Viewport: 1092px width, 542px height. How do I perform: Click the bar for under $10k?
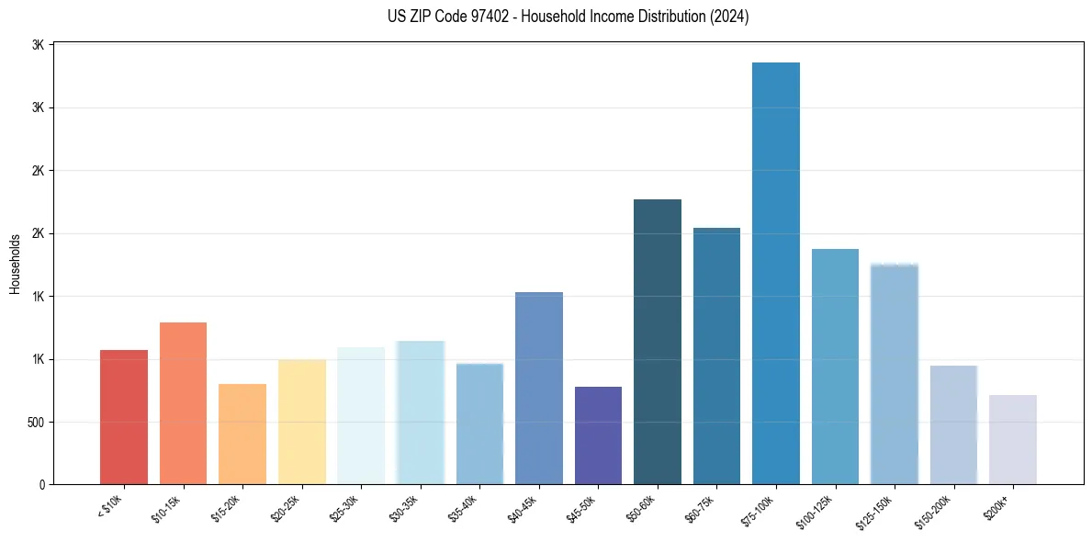pos(124,417)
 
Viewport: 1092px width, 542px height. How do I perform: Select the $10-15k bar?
pos(183,403)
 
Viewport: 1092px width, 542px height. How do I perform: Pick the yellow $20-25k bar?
pos(301,422)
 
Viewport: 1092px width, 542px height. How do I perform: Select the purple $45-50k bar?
pos(598,435)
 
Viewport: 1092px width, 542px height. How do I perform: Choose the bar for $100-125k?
pos(835,367)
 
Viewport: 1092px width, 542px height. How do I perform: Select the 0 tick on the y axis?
pos(42,485)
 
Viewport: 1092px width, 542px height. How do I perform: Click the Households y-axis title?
pos(15,264)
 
